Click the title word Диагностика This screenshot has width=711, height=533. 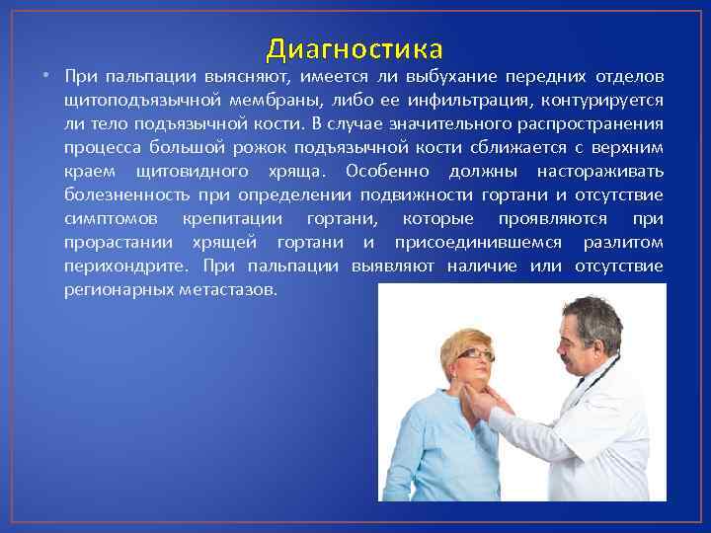(x=355, y=48)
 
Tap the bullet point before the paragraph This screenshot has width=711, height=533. (x=46, y=77)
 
